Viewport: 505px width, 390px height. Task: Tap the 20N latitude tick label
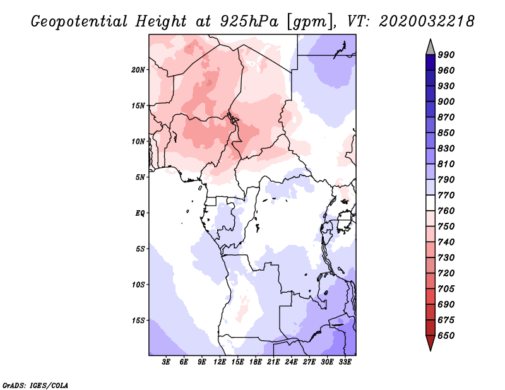[139, 69]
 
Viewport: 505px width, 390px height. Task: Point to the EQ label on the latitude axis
[140, 213]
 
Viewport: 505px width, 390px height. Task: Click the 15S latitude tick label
[139, 321]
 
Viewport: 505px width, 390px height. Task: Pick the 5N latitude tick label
[141, 177]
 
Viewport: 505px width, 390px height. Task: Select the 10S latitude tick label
[139, 285]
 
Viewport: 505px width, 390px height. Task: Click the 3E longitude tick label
[167, 362]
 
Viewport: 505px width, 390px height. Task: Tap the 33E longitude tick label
[345, 362]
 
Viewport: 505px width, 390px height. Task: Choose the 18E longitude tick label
[256, 362]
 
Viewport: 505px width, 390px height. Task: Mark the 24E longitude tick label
[292, 362]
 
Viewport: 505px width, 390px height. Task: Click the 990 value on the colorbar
[446, 55]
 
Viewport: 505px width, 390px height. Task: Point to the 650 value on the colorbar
[446, 336]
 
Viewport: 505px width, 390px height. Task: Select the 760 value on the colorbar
[446, 211]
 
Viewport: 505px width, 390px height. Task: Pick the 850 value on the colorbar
[446, 133]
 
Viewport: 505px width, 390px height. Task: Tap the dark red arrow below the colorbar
[431, 343]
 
